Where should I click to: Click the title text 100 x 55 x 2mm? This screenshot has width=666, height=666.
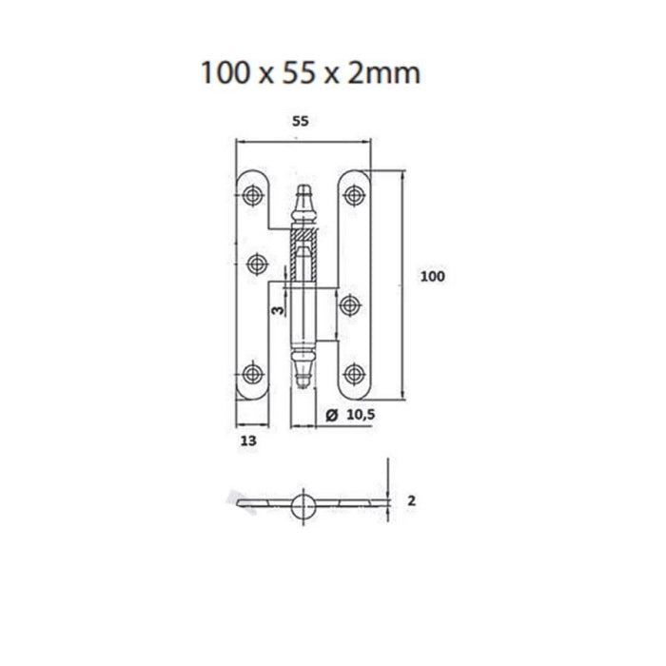coord(310,72)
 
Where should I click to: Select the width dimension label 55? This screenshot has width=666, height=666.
coord(301,122)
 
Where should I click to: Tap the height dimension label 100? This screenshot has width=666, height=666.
coord(432,277)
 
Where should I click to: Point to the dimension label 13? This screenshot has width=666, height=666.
coord(248,441)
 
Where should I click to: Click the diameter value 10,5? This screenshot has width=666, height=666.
coord(361,415)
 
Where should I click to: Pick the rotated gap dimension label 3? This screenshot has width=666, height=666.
coord(278,310)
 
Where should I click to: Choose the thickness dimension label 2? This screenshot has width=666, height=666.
coord(411,501)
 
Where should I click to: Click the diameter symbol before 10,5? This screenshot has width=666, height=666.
coord(332,415)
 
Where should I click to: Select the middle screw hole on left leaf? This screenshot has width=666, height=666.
coord(257,264)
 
